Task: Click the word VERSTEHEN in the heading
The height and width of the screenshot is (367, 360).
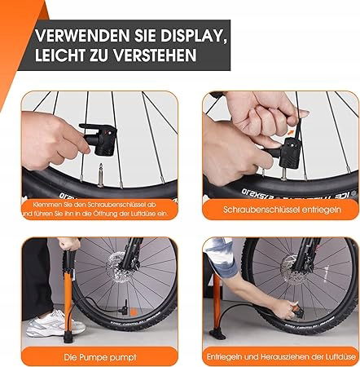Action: coord(155,55)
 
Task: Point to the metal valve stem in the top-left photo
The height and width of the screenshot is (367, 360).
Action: coord(100,175)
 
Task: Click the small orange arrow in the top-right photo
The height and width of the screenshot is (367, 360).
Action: coord(291,132)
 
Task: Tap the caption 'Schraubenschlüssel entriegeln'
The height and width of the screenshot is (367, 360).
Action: coord(282,210)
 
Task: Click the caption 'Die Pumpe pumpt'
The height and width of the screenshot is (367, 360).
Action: coord(100,357)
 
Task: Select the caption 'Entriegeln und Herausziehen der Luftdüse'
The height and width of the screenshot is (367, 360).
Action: coord(281,356)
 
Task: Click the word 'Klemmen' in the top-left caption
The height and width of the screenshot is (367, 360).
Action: coord(42,205)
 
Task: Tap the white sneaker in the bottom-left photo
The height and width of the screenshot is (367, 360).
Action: coord(55,324)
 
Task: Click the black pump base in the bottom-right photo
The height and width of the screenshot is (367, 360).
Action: coord(217,334)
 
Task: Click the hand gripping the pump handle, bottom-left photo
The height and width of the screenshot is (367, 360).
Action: coord(69,244)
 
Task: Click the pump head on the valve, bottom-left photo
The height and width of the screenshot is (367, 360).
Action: coord(125,307)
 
